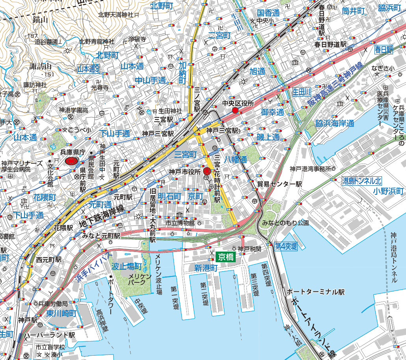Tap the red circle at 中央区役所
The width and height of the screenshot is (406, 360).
tap(235, 110)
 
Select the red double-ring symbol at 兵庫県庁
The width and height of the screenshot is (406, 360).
tap(72, 161)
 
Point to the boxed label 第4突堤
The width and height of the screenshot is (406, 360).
tap(286, 246)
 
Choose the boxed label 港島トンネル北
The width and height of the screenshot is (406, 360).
tap(362, 181)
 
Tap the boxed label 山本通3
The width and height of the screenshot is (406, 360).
tap(88, 69)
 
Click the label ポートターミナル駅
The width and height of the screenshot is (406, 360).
tap(315, 292)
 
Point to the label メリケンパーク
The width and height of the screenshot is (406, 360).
tap(140, 280)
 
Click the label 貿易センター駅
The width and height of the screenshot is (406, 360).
tap(279, 184)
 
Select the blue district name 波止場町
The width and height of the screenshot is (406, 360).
tap(127, 266)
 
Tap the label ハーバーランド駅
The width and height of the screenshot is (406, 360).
tap(49, 335)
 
